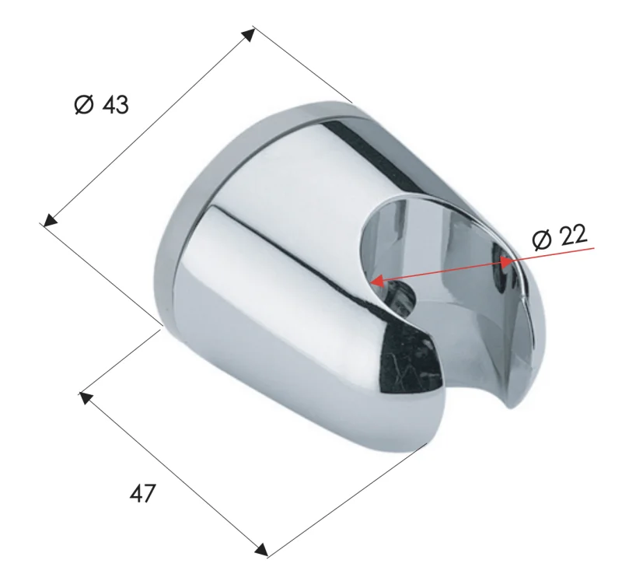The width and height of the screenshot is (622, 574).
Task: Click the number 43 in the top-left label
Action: click(114, 105)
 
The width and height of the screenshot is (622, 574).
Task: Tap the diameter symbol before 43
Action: click(84, 105)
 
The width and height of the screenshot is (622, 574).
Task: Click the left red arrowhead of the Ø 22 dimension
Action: click(376, 281)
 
